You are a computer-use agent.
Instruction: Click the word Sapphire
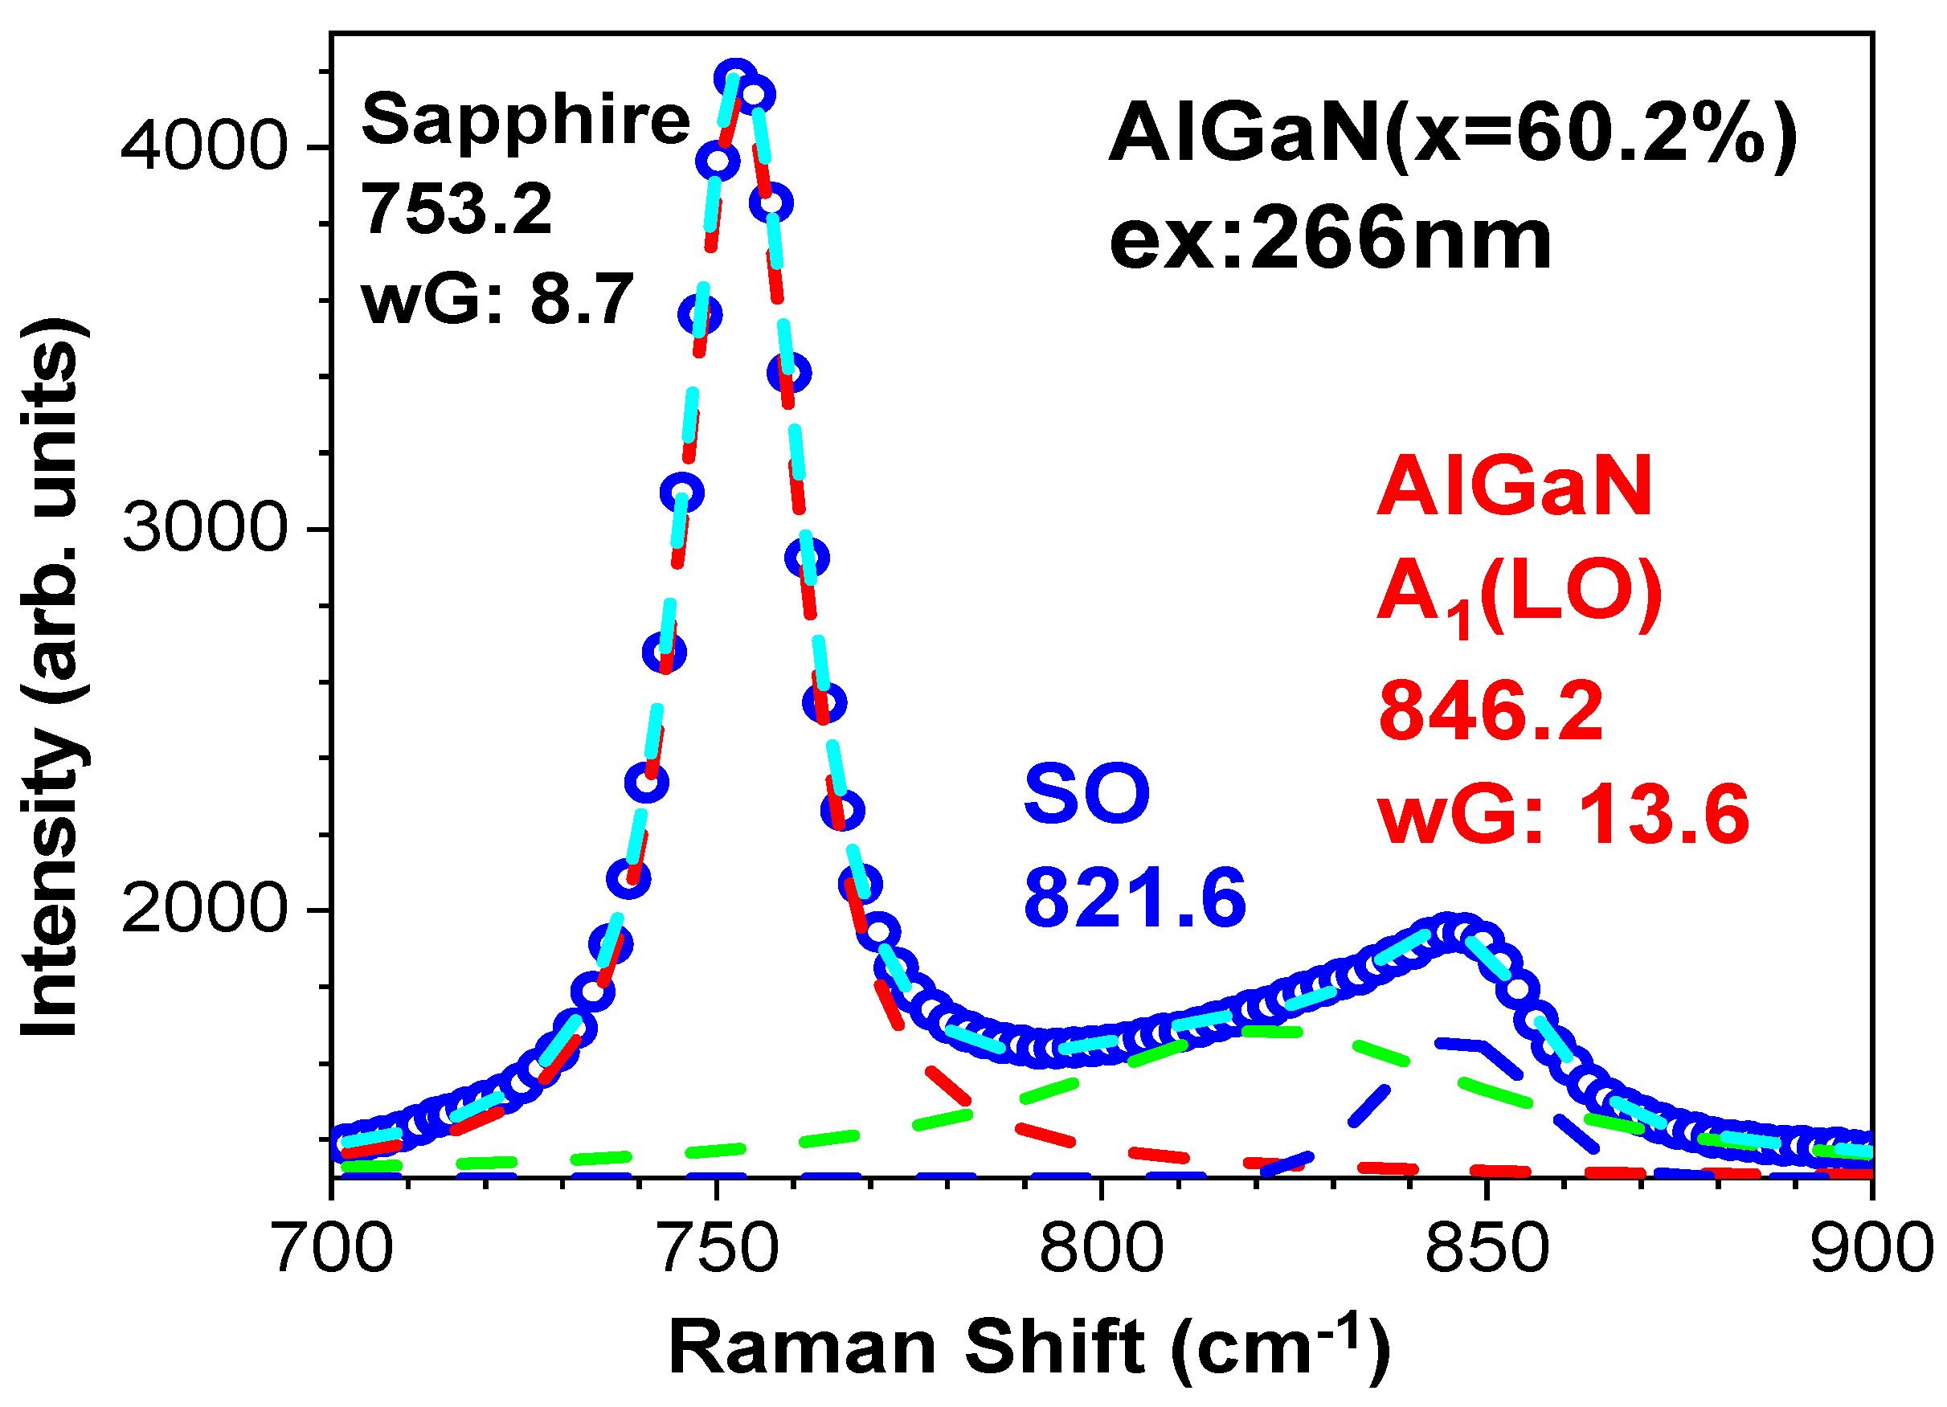pos(526,121)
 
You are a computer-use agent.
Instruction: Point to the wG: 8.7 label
pos(497,300)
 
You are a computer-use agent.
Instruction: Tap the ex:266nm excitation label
pos(1330,239)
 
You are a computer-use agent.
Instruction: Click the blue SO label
pos(1086,794)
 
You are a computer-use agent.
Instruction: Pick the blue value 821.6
pos(1134,898)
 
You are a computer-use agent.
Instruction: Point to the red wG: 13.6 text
pos(1563,815)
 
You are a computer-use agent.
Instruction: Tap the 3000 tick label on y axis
pos(202,527)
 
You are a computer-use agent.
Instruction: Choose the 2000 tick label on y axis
pos(202,909)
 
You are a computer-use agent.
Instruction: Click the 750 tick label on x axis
pos(717,1249)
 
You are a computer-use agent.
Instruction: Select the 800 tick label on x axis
pos(1101,1249)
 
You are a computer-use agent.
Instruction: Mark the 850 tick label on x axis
pos(1486,1249)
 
